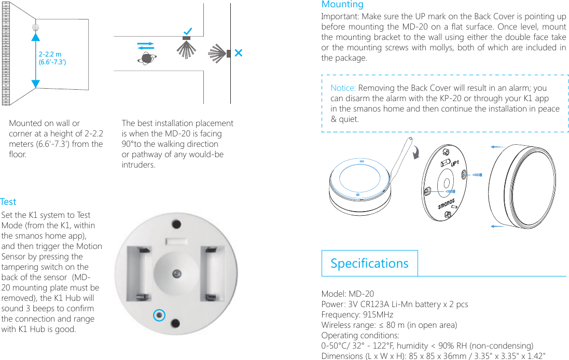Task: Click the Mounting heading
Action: [342, 5]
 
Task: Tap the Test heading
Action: [8, 202]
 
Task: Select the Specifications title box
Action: [369, 264]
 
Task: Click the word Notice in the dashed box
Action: [343, 88]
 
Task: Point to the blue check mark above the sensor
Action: [187, 32]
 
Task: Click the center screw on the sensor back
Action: [177, 273]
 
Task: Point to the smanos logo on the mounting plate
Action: [447, 203]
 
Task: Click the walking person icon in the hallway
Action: [146, 59]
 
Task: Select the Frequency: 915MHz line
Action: [357, 315]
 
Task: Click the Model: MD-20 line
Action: [348, 294]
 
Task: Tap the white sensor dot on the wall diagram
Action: [36, 27]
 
